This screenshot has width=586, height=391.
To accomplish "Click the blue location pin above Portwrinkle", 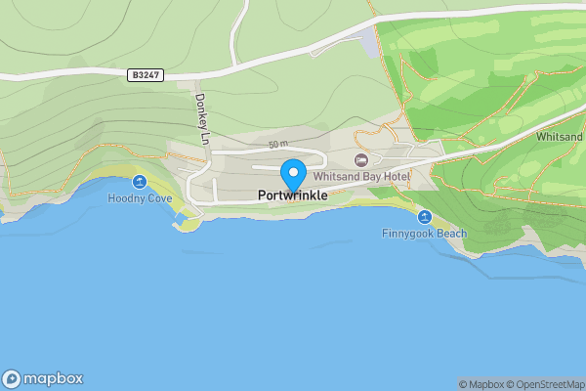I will click(x=293, y=174).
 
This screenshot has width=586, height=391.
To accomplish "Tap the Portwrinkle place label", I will click(x=293, y=195).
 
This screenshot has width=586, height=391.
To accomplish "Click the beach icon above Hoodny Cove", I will click(x=139, y=181).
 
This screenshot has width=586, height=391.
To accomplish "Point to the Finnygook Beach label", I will click(x=424, y=234).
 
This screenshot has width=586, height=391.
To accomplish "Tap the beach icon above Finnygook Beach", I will click(x=424, y=216).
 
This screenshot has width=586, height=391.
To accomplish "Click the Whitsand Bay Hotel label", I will click(x=361, y=176).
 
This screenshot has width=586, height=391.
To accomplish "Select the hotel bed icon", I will click(x=361, y=159).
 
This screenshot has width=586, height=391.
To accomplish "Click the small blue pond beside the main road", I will click(x=367, y=39).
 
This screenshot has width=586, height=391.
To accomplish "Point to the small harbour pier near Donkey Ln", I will click(x=182, y=226).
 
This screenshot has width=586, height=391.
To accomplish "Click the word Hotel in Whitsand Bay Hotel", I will click(x=395, y=176).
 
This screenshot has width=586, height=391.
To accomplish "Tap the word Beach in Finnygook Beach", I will click(x=450, y=234).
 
